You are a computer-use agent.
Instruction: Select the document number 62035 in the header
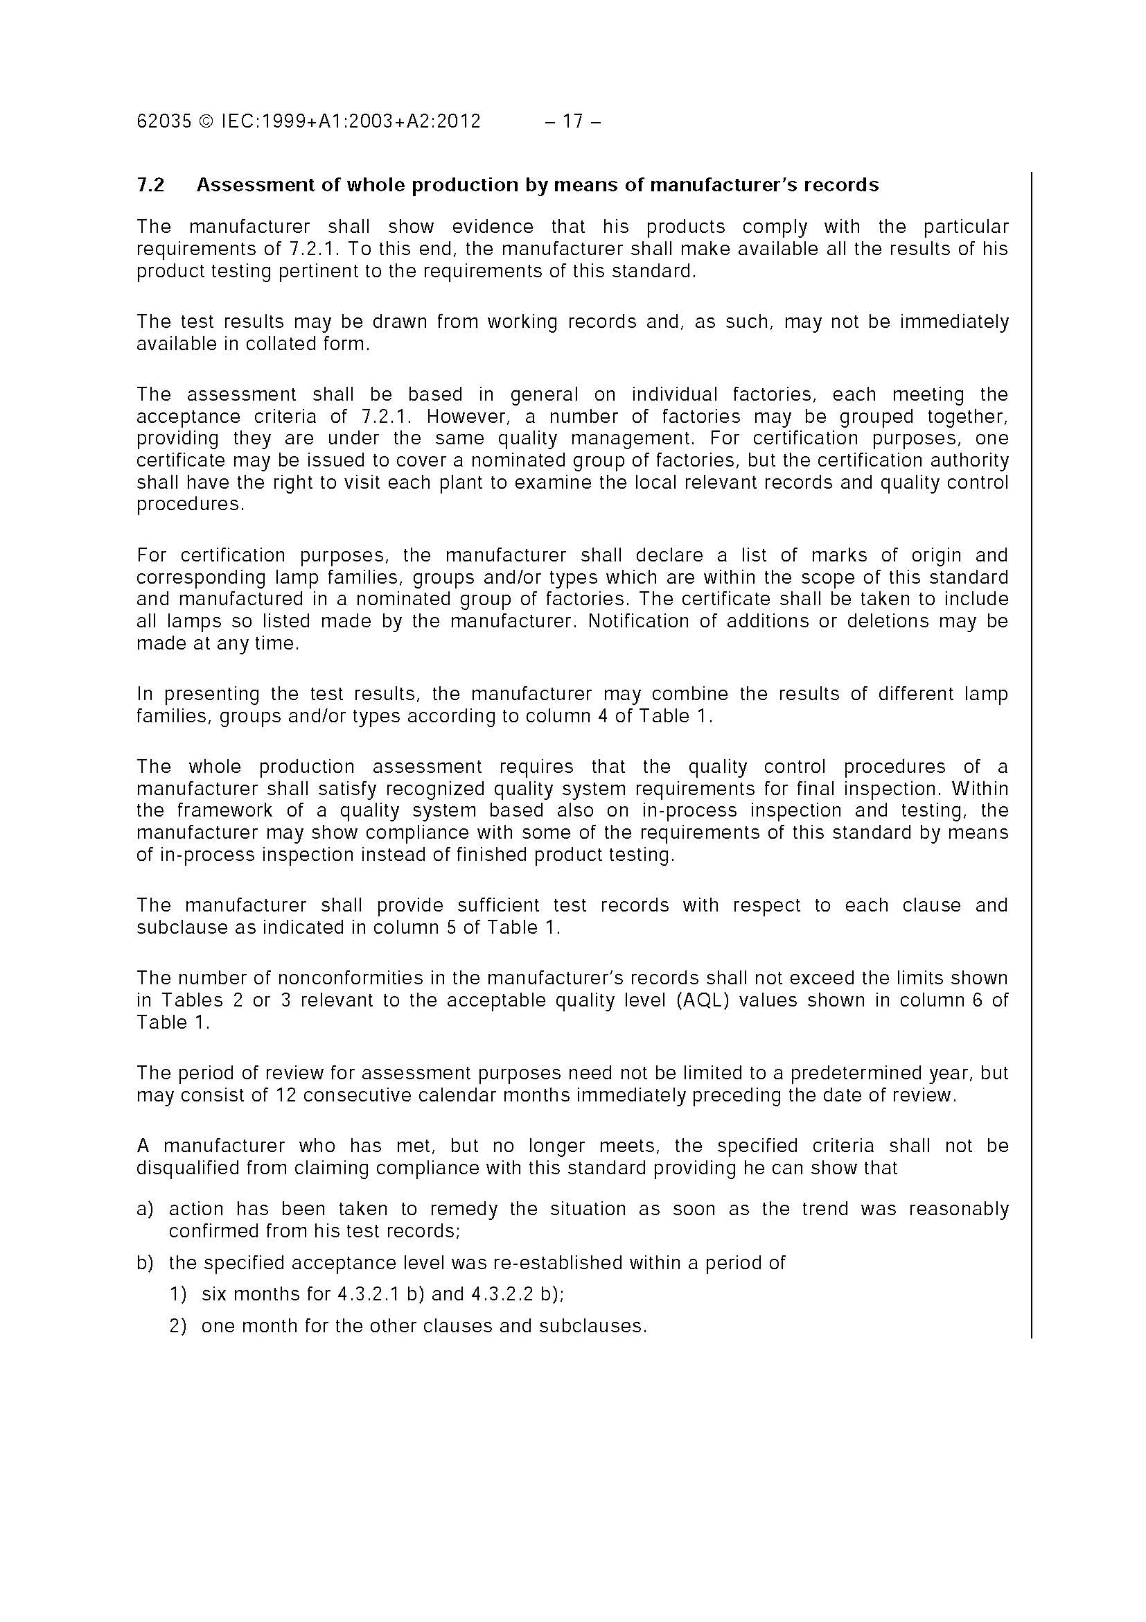pyautogui.click(x=164, y=121)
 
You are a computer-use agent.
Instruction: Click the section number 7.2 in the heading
pyautogui.click(x=150, y=185)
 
